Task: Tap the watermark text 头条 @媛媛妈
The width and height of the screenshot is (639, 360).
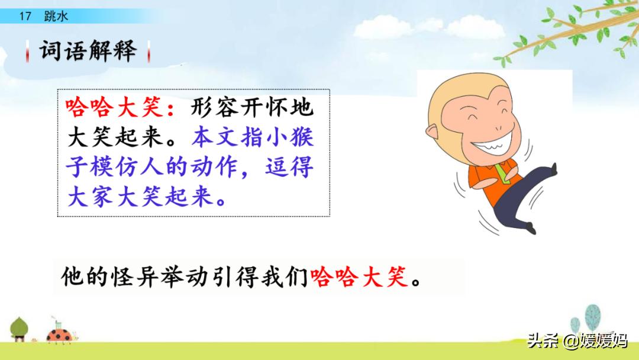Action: point(577,341)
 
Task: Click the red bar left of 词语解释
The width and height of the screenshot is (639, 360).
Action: point(28,52)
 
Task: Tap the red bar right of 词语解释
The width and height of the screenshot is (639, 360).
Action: point(148,52)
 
